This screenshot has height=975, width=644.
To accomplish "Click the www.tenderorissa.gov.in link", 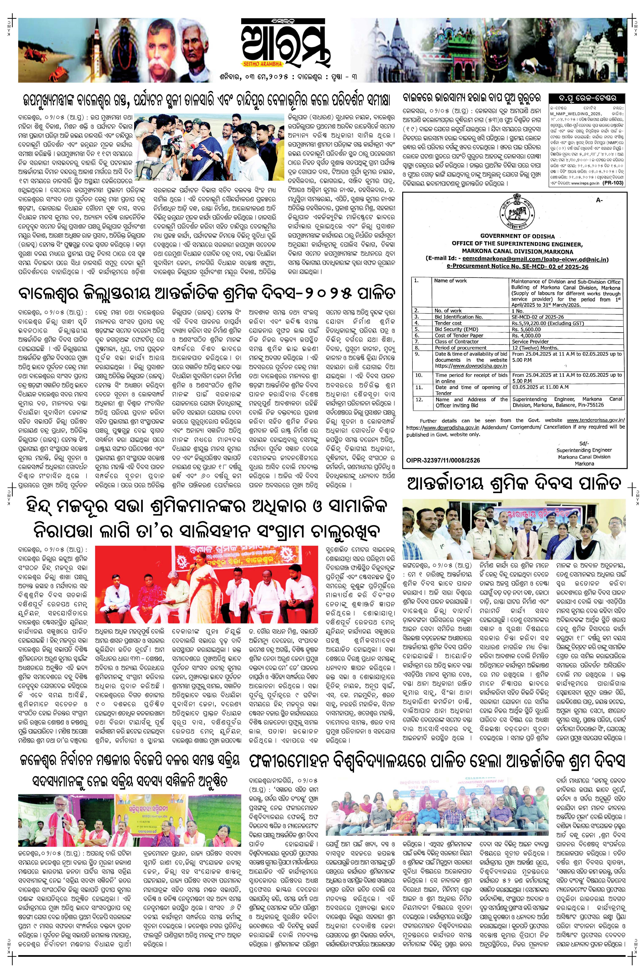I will pos(595,420).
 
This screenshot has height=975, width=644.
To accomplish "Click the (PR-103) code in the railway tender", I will pos(615,183).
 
